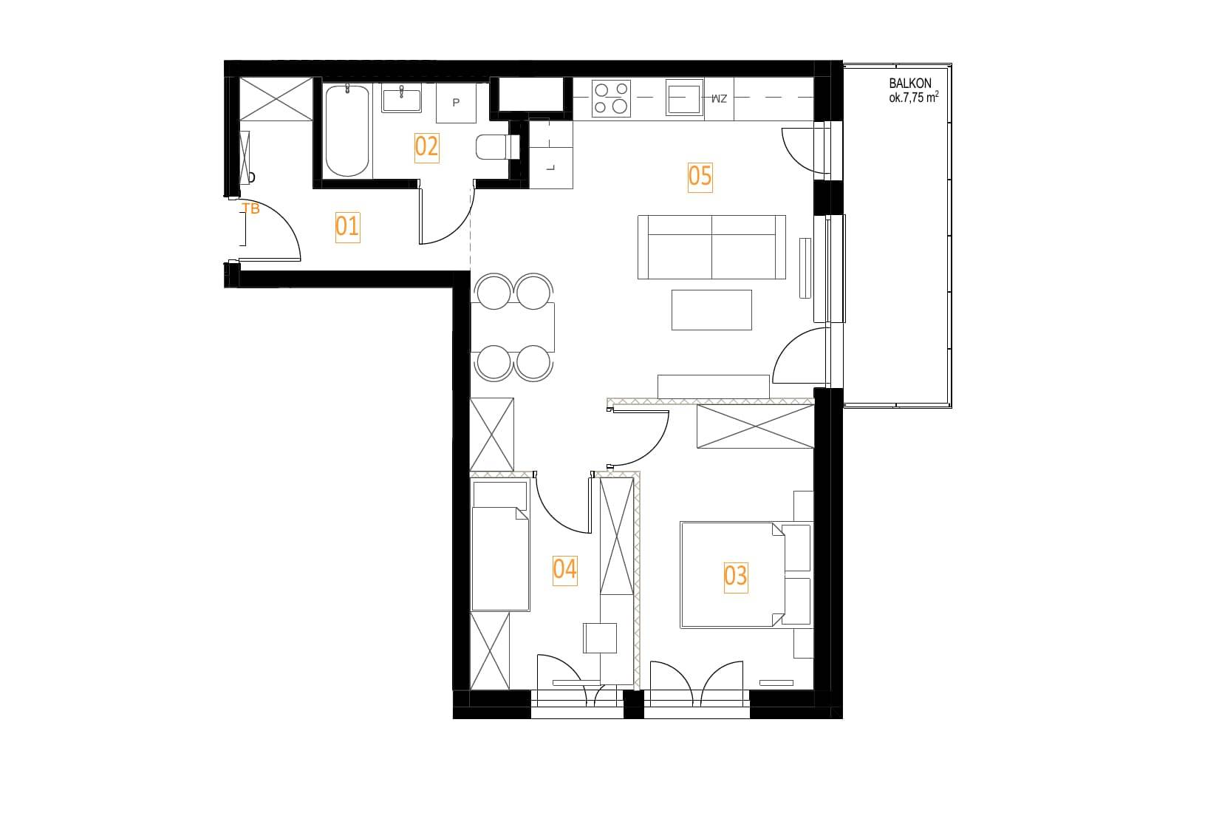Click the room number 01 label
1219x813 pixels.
coord(347,226)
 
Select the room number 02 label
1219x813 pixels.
coord(426,147)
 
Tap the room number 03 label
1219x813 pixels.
coord(735,576)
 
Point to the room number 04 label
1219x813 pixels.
coord(564,570)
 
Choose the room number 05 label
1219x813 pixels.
coord(700,177)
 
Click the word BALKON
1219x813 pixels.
coord(910,84)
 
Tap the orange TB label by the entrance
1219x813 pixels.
coord(251,208)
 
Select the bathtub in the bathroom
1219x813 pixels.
coord(346,131)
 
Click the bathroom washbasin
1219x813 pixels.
coord(401,98)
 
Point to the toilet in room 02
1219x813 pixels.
coord(497,147)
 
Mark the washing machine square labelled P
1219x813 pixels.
coord(456,103)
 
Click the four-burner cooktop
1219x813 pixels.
coord(610,98)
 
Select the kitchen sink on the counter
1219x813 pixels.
coord(685,98)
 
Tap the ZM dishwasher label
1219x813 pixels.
coord(719,98)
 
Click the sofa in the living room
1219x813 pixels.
coord(711,247)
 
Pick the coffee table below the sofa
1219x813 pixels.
coord(711,310)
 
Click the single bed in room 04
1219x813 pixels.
coord(500,546)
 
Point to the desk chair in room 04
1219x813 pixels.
coord(600,638)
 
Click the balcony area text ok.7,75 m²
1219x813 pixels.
coord(914,98)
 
